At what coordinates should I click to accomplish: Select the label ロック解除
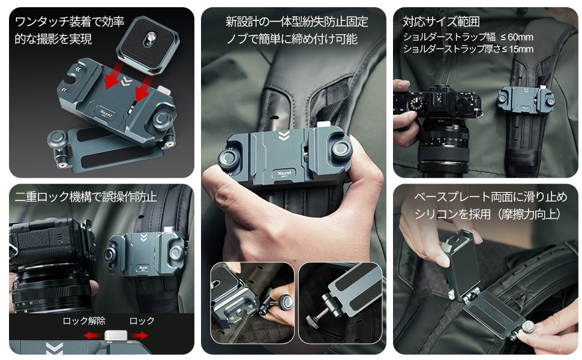coord(84,321)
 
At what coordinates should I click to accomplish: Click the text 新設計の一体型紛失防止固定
coord(297,22)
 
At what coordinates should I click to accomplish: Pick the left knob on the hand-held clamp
coord(229,159)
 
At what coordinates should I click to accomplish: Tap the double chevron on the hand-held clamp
coord(283,134)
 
